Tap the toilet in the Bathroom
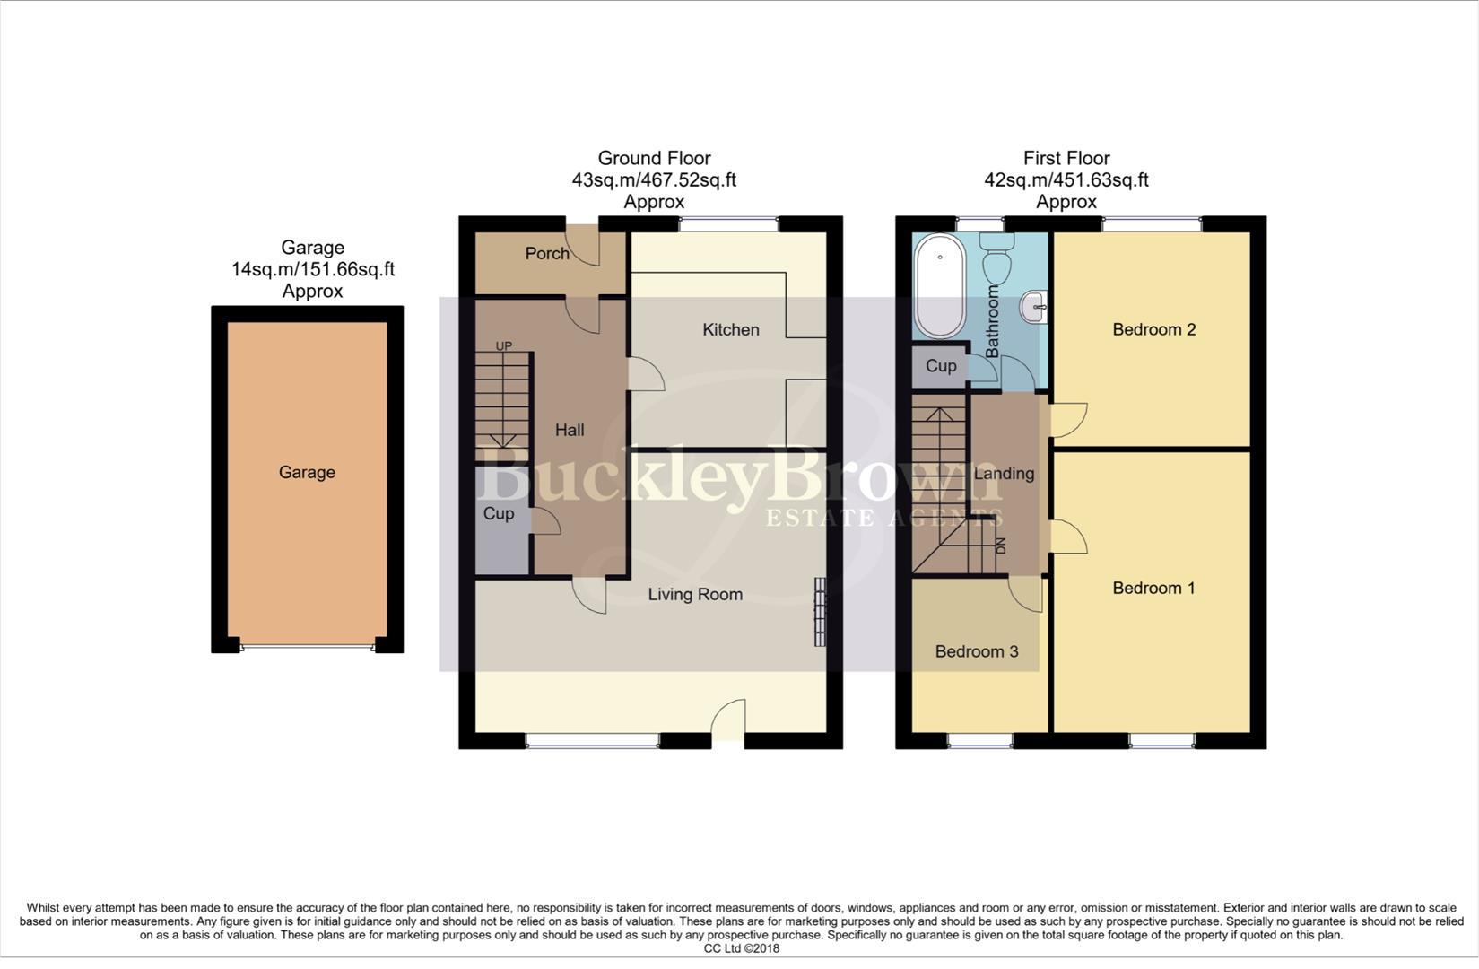(x=996, y=258)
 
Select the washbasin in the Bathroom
(x=1035, y=308)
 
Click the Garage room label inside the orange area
(x=307, y=472)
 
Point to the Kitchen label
(x=730, y=329)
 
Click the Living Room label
(x=695, y=594)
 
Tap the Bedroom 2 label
(x=1153, y=329)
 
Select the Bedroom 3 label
(x=976, y=651)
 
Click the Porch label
(x=547, y=253)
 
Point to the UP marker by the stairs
(x=504, y=346)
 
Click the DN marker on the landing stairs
(x=1001, y=546)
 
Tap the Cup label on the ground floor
(x=499, y=513)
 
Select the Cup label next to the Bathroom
(x=940, y=366)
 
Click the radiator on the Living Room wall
(x=819, y=611)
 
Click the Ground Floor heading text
(x=654, y=158)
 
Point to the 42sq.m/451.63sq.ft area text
(x=1066, y=179)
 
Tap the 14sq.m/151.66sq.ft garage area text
(x=312, y=269)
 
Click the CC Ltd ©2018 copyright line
(x=741, y=948)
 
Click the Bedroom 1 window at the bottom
(x=1161, y=741)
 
